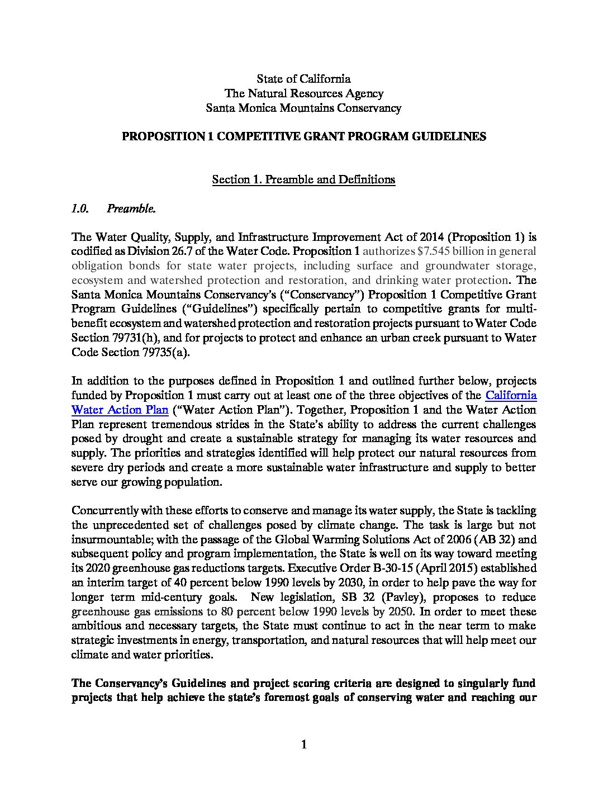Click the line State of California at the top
click(303, 79)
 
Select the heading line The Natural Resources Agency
click(303, 93)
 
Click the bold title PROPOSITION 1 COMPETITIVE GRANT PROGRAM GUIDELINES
click(303, 136)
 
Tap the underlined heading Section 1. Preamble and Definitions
click(303, 179)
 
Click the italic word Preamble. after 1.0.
click(131, 208)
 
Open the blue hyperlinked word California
click(511, 395)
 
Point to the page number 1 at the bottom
click(304, 745)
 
